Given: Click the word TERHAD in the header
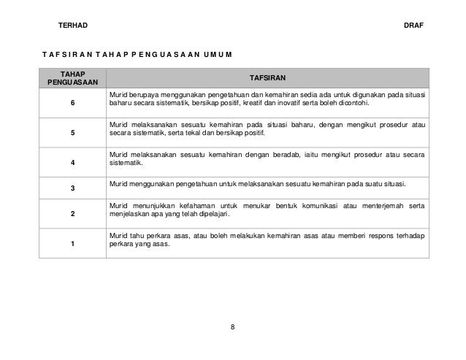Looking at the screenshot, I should (72, 26).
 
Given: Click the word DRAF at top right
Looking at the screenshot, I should (413, 26).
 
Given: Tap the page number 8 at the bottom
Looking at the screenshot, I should (232, 326).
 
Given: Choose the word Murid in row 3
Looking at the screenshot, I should (117, 182).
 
